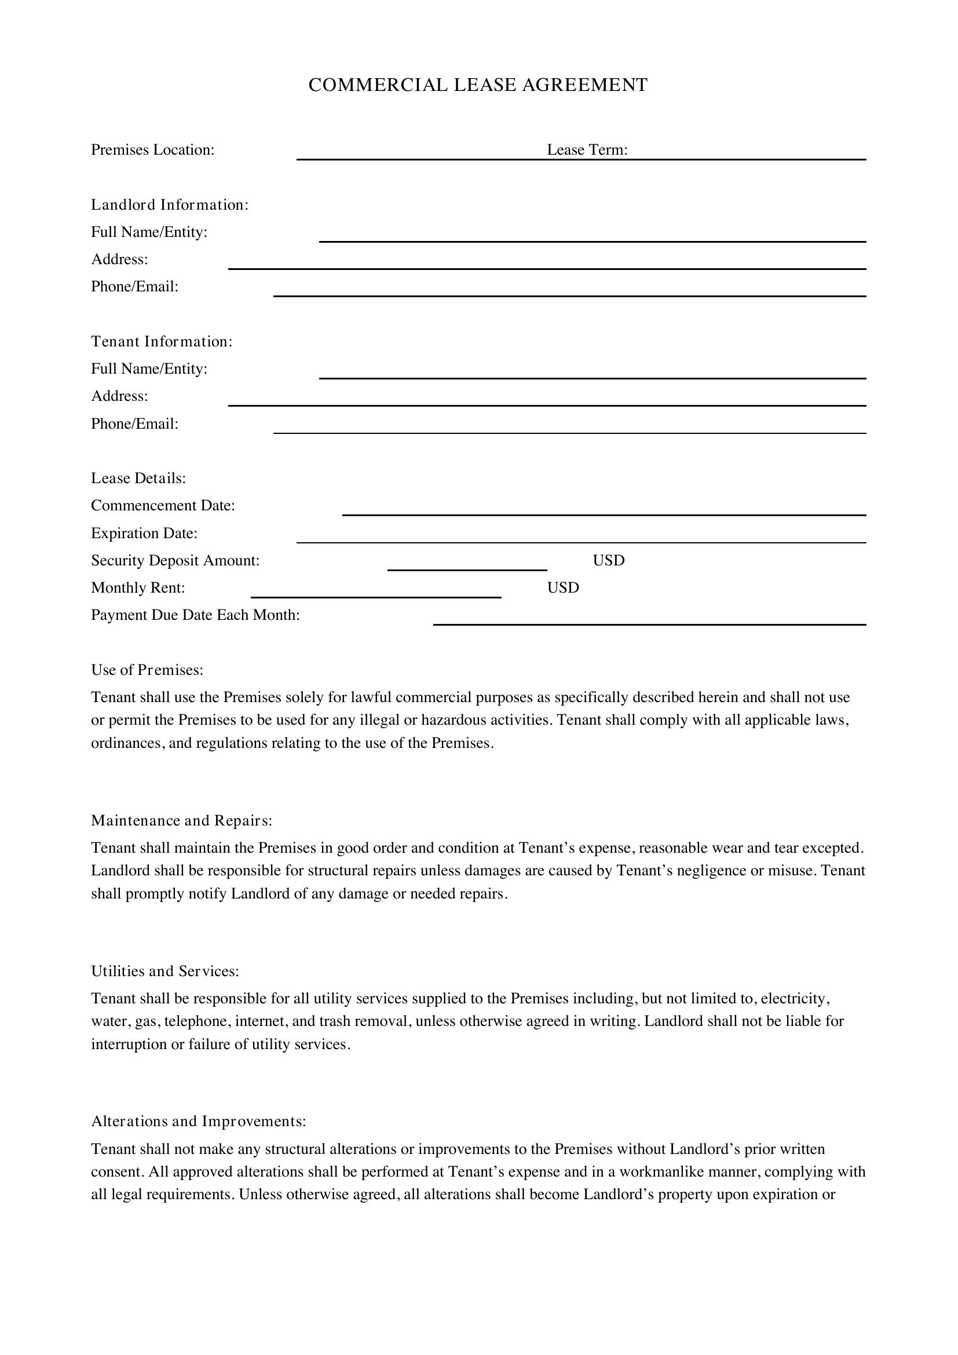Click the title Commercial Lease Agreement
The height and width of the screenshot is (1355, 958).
pyautogui.click(x=478, y=85)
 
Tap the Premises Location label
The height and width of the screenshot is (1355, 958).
pyautogui.click(x=152, y=150)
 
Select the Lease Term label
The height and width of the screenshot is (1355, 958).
pyautogui.click(x=587, y=150)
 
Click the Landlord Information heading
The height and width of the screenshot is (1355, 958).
pyautogui.click(x=169, y=204)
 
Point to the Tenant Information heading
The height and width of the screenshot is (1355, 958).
pyautogui.click(x=162, y=342)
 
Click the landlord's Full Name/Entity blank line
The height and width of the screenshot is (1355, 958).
pyautogui.click(x=593, y=239)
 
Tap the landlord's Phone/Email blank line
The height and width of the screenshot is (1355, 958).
pyautogui.click(x=569, y=294)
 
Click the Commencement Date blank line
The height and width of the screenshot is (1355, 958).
pyautogui.click(x=604, y=513)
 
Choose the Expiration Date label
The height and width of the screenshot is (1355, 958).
pyautogui.click(x=144, y=534)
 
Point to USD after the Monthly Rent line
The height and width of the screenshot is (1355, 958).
pyautogui.click(x=563, y=588)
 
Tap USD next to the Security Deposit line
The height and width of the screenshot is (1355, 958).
pyautogui.click(x=608, y=561)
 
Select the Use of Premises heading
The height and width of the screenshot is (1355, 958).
pyautogui.click(x=147, y=670)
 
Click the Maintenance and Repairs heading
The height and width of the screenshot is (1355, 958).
pyautogui.click(x=181, y=821)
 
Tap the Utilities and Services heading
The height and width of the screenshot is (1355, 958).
pyautogui.click(x=165, y=971)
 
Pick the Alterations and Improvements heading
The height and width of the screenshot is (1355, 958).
pyautogui.click(x=198, y=1122)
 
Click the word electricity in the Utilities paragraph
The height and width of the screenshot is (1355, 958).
pyautogui.click(x=795, y=999)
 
